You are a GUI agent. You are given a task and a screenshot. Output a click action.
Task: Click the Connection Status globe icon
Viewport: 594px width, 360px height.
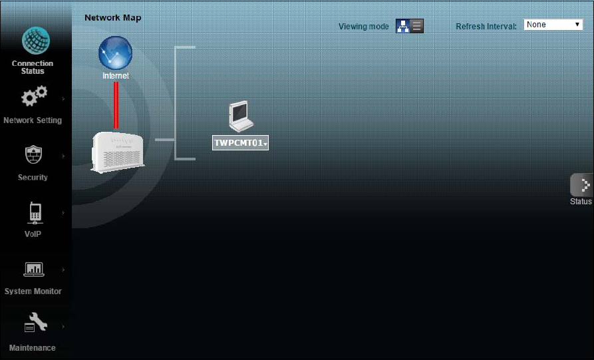(x=36, y=41)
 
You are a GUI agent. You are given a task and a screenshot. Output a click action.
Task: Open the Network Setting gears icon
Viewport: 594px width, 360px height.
(x=34, y=96)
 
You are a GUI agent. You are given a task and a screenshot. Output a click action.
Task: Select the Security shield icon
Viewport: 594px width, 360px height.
(x=33, y=154)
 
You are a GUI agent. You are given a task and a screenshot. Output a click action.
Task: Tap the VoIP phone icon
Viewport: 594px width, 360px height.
(x=34, y=212)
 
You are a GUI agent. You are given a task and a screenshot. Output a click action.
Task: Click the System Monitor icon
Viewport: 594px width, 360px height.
(x=33, y=269)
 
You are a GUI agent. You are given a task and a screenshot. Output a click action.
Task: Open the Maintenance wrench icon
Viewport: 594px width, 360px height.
(x=35, y=323)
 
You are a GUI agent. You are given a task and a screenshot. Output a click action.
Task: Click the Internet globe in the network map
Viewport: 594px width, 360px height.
(x=115, y=53)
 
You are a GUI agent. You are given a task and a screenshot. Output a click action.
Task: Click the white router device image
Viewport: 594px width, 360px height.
(x=118, y=152)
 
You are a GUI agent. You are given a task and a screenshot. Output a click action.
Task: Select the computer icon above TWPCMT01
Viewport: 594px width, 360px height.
(x=240, y=116)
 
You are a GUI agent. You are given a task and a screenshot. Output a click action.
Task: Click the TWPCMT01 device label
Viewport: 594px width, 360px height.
(x=240, y=143)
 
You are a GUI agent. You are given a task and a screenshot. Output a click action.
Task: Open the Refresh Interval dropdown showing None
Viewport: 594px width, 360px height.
(x=553, y=25)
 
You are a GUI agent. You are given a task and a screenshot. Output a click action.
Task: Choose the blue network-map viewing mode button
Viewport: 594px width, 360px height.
(x=402, y=26)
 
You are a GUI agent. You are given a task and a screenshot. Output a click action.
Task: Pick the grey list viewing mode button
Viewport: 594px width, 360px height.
(x=417, y=26)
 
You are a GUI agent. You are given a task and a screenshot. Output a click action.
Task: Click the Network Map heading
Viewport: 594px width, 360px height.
(x=112, y=18)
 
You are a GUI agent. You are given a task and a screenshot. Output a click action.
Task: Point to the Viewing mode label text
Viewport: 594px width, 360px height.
(x=363, y=27)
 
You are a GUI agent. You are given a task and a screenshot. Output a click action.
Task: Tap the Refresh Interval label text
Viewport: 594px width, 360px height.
(x=486, y=27)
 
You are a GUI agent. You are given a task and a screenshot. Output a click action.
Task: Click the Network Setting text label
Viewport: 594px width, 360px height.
(x=33, y=120)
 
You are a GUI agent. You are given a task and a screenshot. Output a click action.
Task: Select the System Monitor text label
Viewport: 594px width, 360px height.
(x=33, y=291)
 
